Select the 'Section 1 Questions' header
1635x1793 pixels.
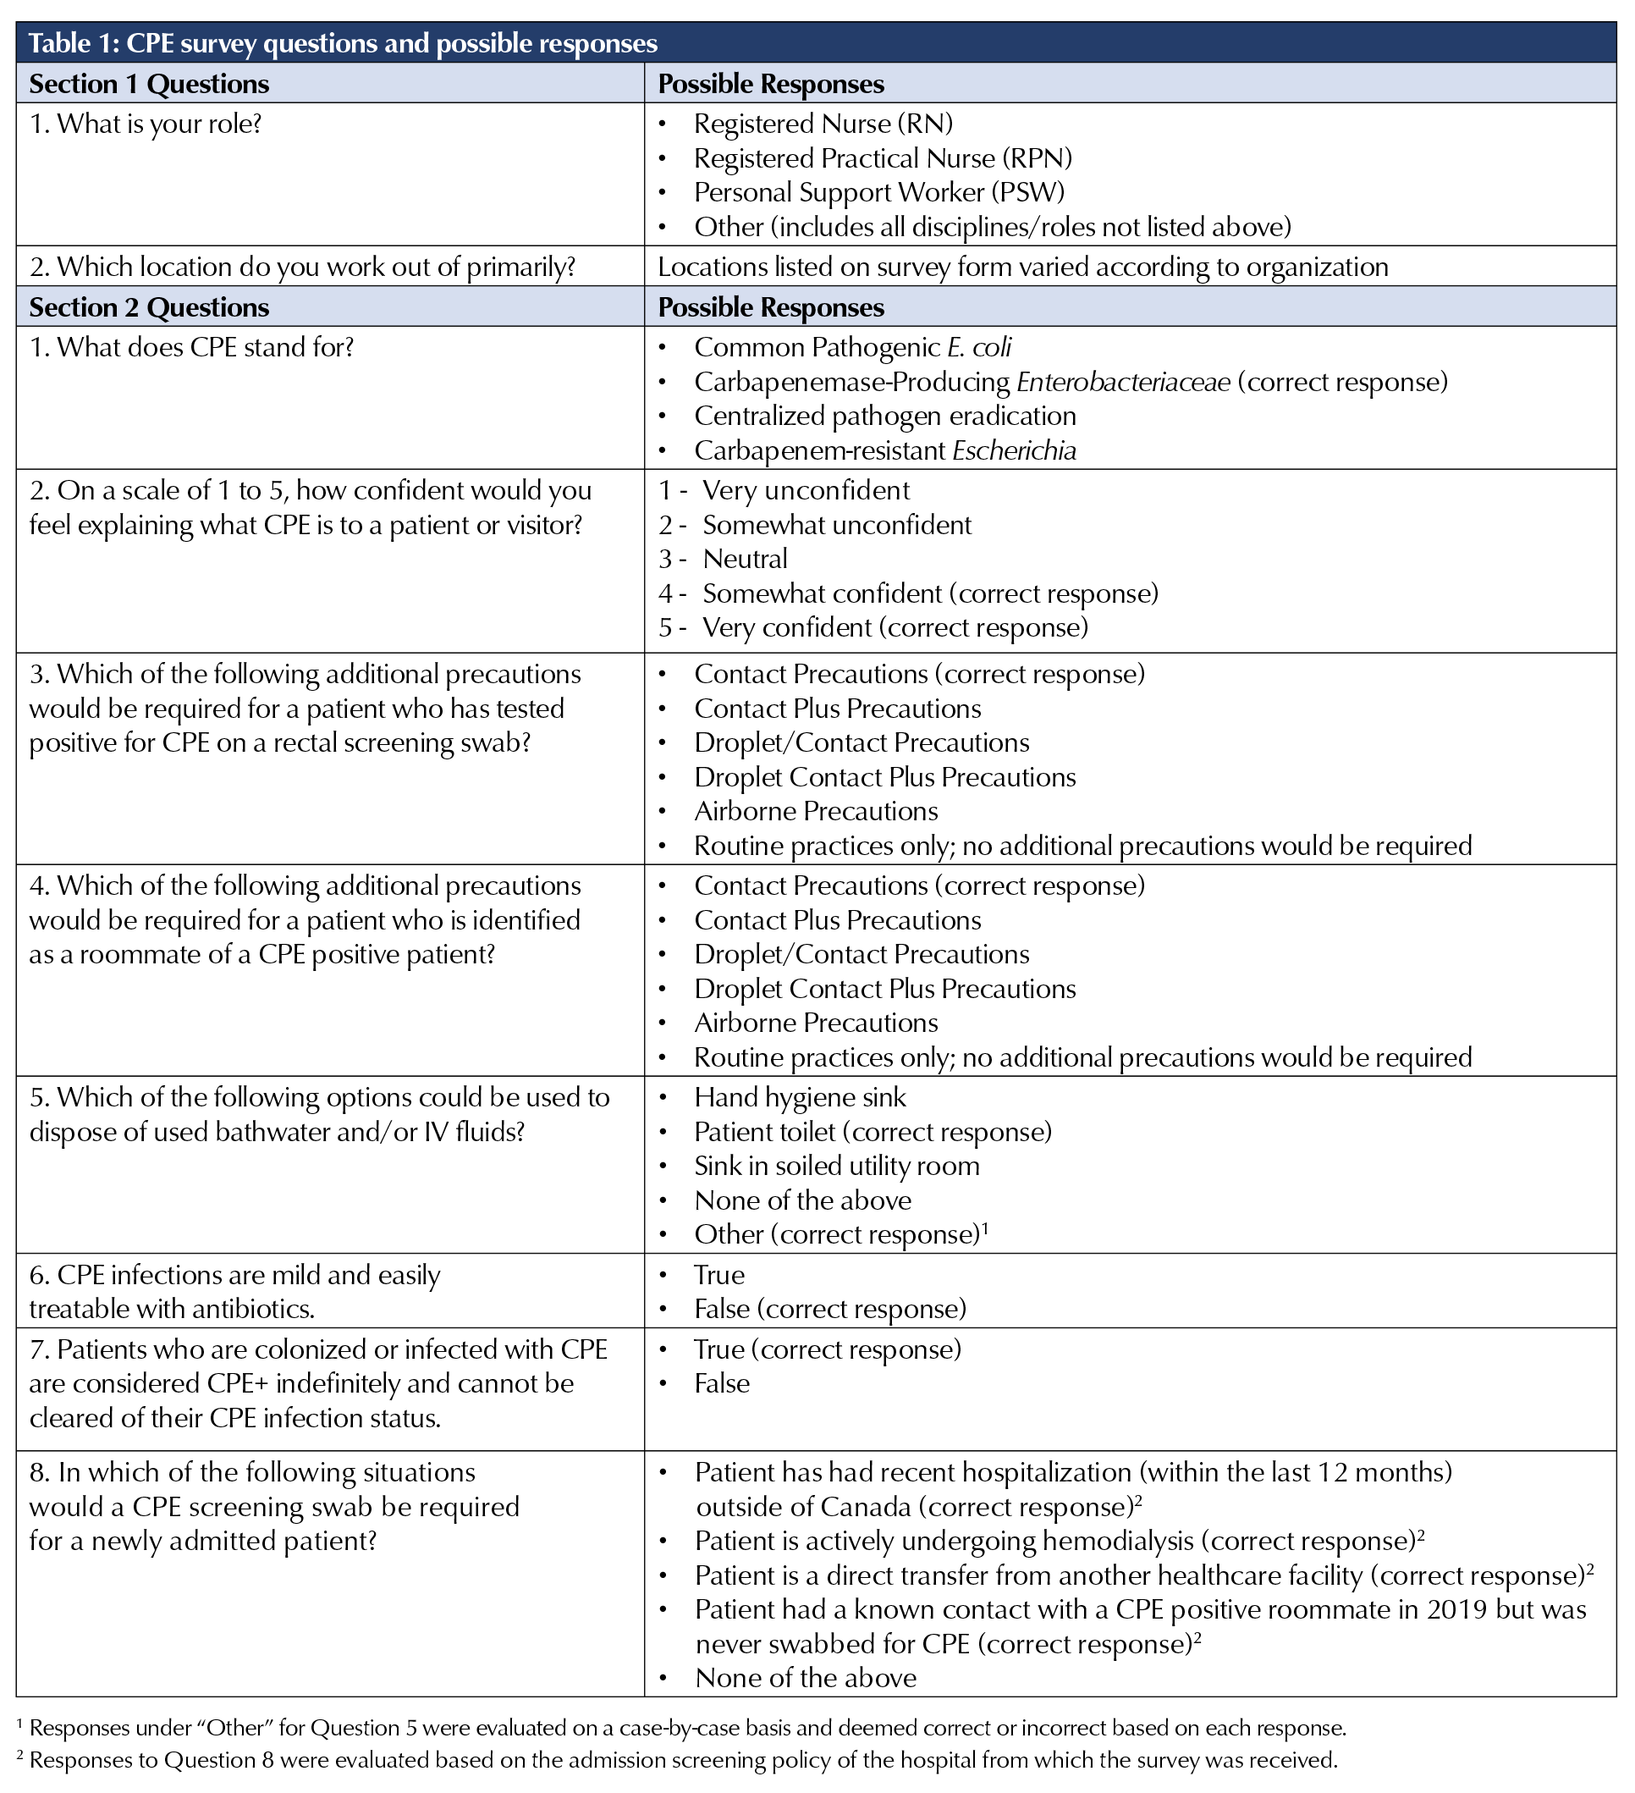148,84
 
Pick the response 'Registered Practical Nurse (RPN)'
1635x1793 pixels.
882,158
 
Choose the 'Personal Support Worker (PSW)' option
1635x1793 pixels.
878,192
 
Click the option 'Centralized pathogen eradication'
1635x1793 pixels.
884,417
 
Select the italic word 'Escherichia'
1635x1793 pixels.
1014,451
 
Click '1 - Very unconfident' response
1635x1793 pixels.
784,490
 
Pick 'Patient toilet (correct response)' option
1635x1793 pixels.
873,1131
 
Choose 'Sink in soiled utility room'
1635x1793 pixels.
836,1166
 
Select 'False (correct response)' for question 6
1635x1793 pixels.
829,1308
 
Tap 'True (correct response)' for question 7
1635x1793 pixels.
827,1349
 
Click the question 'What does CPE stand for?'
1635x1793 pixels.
191,347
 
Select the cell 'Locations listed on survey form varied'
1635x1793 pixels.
1022,267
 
